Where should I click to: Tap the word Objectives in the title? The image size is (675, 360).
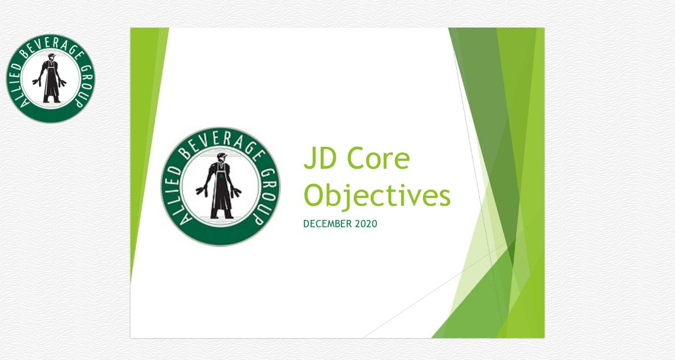[x=377, y=196]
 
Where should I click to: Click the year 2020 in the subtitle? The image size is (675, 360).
[x=366, y=224]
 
